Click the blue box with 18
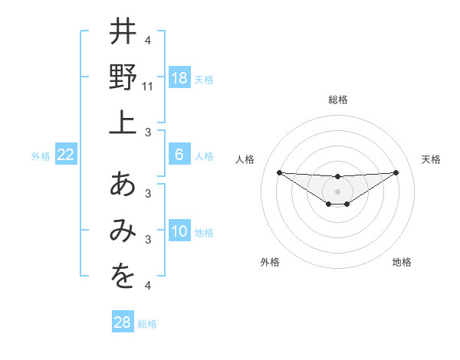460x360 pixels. coord(179,78)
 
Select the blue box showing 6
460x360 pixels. coord(179,155)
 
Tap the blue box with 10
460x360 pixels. coord(179,231)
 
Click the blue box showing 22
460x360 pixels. coord(65,155)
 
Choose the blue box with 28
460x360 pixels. coord(123,322)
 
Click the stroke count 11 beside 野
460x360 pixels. coord(149,87)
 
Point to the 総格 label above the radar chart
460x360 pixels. coord(337,100)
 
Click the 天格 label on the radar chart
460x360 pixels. coord(431,159)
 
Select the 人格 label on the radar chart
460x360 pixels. coord(245,159)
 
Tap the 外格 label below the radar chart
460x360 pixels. coord(270,262)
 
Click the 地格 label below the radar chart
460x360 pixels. coord(402,262)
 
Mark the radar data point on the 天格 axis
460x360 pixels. coord(396,172)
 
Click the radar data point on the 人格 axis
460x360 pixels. coord(279,172)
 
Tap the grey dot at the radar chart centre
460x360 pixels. coord(337,191)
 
